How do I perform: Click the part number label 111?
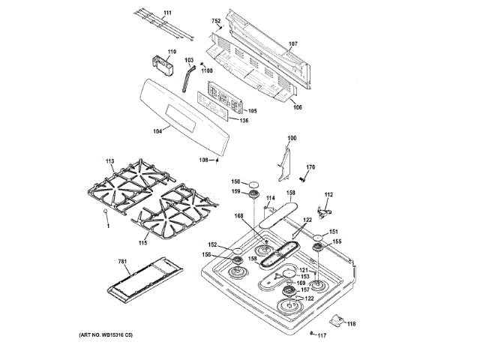click(166, 13)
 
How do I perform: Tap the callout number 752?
click(216, 22)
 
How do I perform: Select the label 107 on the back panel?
click(294, 43)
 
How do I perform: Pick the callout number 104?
click(157, 131)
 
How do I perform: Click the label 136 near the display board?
click(244, 120)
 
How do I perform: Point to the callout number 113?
click(109, 162)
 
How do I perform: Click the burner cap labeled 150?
click(255, 182)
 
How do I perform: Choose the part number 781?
click(124, 262)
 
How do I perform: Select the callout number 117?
click(322, 334)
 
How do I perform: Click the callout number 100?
click(292, 138)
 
